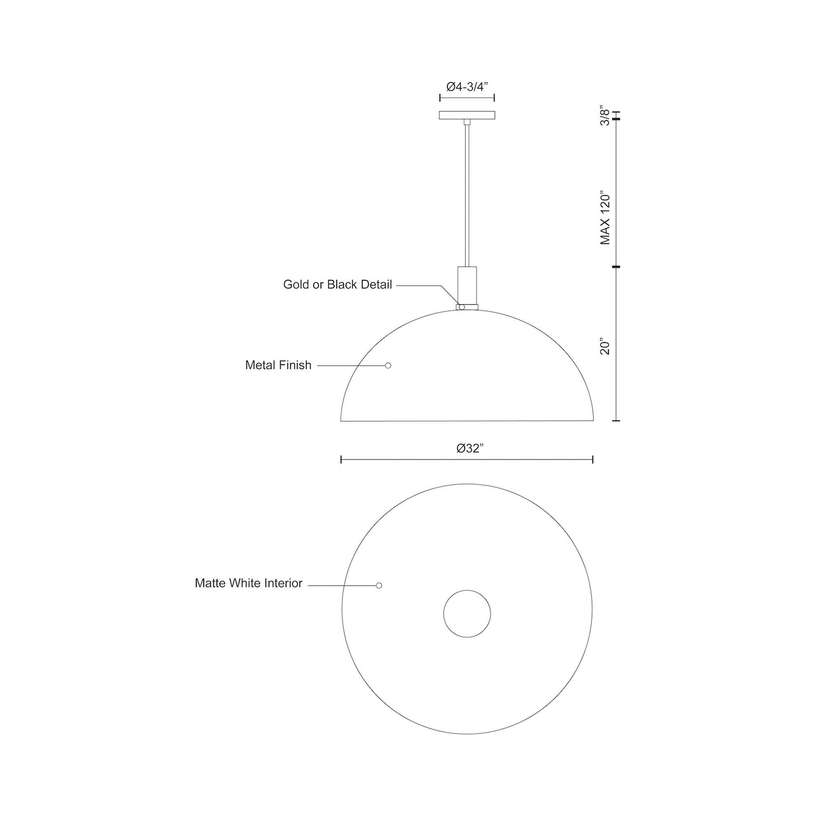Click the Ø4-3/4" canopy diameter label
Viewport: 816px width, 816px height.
[x=467, y=87]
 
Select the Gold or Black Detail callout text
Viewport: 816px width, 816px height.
[x=338, y=285]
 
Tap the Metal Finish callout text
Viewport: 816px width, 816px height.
[x=278, y=365]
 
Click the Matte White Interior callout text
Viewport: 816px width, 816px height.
[x=248, y=583]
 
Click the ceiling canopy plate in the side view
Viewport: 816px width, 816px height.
[x=467, y=115]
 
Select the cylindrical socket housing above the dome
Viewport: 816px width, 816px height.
[x=467, y=285]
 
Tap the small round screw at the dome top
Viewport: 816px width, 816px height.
[x=462, y=307]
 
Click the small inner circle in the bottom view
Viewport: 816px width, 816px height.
[x=467, y=613]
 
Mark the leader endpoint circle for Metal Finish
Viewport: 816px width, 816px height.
[x=388, y=365]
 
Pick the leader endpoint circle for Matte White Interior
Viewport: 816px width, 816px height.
[x=379, y=585]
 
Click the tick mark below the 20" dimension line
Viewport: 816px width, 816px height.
[x=616, y=421]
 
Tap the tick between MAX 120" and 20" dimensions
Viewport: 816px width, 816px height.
[x=616, y=267]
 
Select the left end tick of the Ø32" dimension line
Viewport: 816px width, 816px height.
[x=341, y=460]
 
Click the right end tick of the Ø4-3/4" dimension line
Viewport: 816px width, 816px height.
[x=494, y=98]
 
